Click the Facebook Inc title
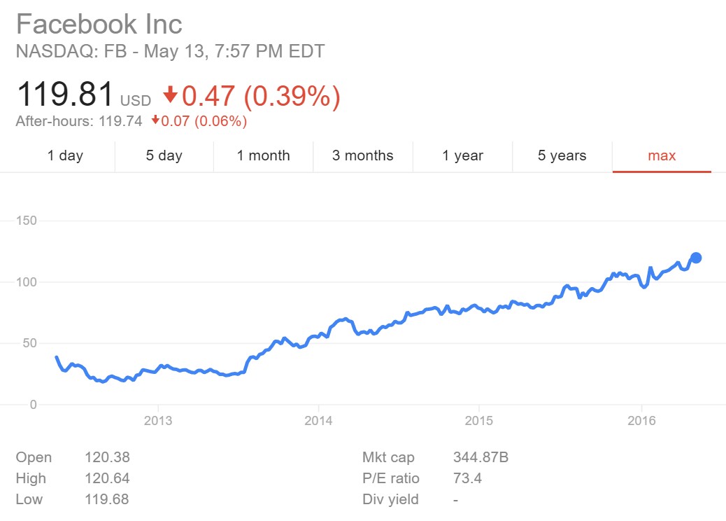[x=99, y=25]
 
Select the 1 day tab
[x=65, y=155]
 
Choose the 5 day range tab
[x=164, y=155]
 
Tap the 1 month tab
[x=263, y=155]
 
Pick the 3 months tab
[x=362, y=155]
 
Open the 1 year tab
[x=462, y=155]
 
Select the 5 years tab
[x=562, y=155]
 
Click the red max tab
[x=662, y=155]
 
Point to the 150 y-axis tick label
[x=26, y=221]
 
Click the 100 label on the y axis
[x=26, y=282]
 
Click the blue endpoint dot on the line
[x=696, y=258]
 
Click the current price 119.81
[x=64, y=95]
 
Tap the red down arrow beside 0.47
[x=170, y=95]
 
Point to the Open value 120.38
[x=106, y=458]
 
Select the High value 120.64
[x=106, y=479]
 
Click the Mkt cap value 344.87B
[x=481, y=458]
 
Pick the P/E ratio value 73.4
[x=467, y=479]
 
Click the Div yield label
[x=390, y=500]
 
